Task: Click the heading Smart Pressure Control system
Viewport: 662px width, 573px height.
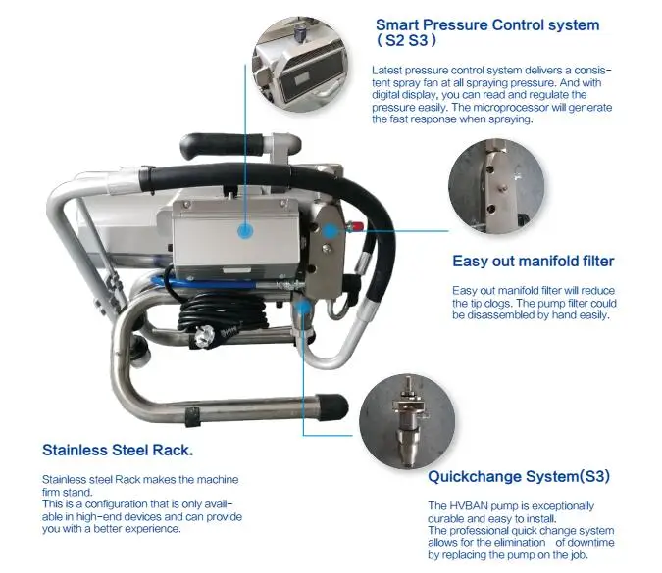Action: [487, 24]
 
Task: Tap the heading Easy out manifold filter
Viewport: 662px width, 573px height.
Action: [534, 261]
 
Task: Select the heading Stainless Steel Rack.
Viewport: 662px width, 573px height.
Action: [118, 450]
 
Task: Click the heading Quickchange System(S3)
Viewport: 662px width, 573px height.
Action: [519, 476]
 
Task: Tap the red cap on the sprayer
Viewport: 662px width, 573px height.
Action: [358, 226]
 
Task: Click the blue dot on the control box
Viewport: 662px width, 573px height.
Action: [245, 231]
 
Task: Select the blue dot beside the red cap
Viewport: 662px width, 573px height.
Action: [331, 230]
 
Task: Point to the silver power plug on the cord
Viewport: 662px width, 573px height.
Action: [205, 337]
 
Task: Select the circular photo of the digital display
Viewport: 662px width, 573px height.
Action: [300, 64]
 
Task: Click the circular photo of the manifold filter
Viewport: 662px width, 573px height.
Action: [496, 186]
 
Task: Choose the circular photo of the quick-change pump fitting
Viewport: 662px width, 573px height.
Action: [407, 421]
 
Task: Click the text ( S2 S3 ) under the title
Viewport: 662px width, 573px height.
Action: [406, 41]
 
